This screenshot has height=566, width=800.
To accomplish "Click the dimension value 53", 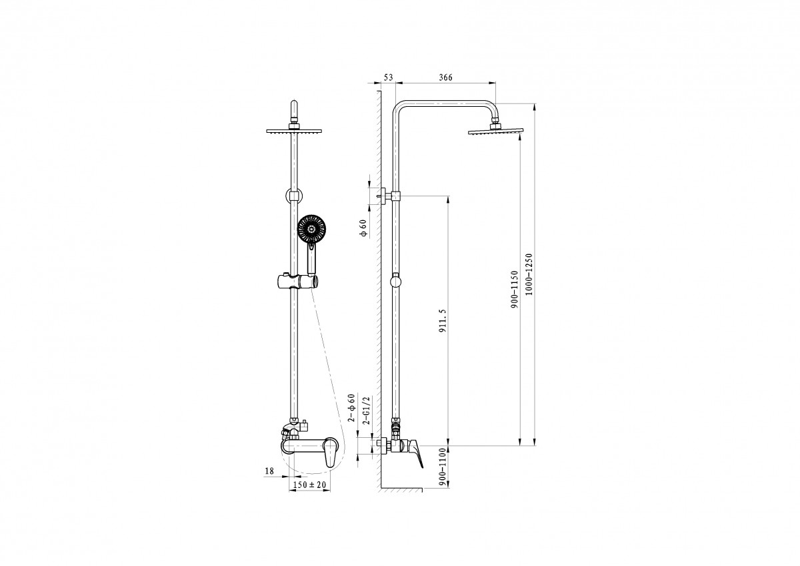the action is point(388,77).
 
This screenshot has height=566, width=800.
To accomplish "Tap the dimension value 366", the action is point(445,77).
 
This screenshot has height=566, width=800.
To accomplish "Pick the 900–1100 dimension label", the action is point(443,467).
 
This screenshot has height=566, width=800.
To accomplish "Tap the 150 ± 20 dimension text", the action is point(309,485).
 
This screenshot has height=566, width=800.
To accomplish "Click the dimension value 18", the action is point(269,471).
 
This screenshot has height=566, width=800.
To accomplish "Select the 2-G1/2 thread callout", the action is point(366,410).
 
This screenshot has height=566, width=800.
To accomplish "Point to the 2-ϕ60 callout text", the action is point(352,408).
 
